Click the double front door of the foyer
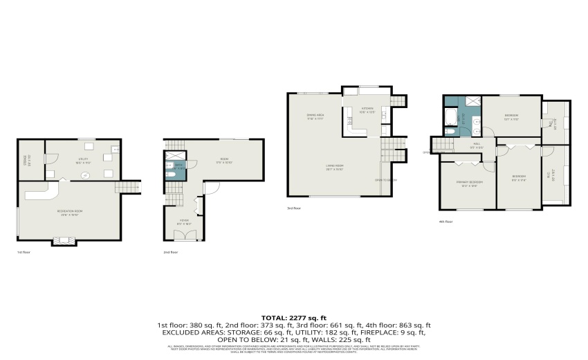[x=183, y=235]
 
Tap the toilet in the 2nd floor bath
[x=169, y=174]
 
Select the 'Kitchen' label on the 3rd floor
[x=367, y=109]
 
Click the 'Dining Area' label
[x=315, y=116]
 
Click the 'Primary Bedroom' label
[x=467, y=183]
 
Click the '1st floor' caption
[x=24, y=252]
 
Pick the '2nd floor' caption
[x=170, y=252]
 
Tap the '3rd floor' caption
[x=293, y=208]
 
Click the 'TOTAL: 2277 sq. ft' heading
[x=294, y=317]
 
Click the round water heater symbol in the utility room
[x=84, y=174]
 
